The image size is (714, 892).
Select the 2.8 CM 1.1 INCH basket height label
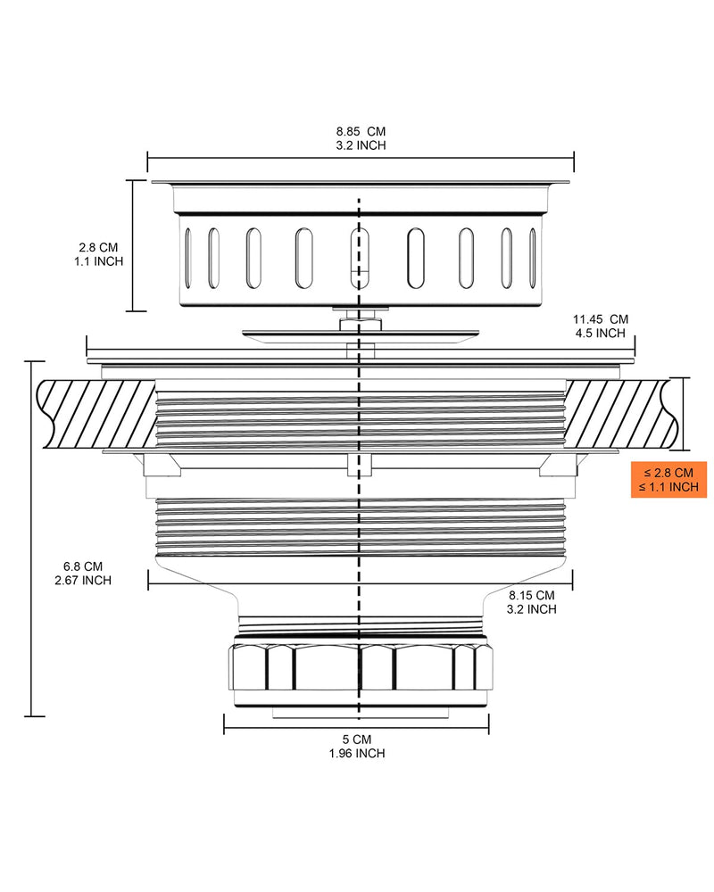98,254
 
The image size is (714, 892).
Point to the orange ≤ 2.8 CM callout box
668,480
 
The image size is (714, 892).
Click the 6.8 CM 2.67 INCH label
83,574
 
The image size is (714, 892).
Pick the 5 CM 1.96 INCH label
357,747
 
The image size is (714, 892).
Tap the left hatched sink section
96,414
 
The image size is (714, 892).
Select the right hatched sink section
620,414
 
